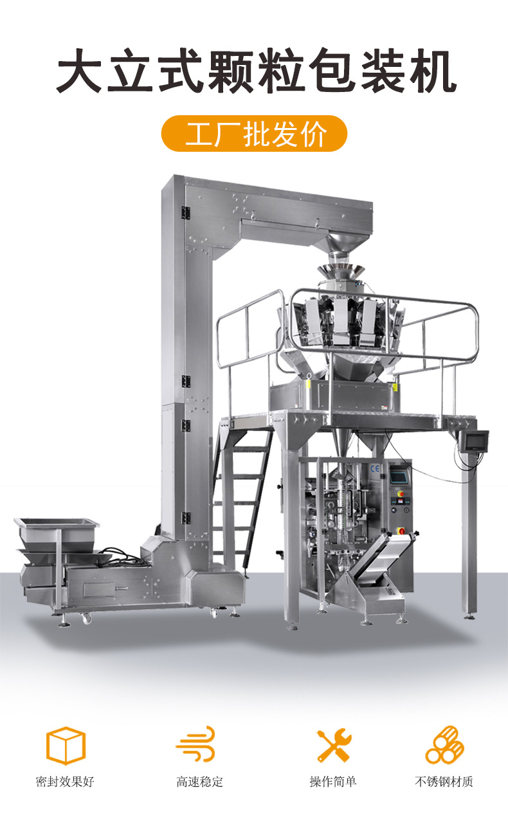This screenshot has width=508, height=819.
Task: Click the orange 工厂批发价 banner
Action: coord(254,133)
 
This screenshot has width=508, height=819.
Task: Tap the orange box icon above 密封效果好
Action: coord(66,746)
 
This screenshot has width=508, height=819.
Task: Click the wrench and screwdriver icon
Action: coord(334,745)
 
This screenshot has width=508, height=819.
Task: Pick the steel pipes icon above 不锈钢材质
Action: coord(444,745)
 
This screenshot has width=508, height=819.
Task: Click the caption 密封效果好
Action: coord(65,782)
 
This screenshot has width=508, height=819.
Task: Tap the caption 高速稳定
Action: coord(199,782)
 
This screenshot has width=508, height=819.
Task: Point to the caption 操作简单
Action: coord(333,782)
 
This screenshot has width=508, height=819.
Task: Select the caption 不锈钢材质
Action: coord(444,782)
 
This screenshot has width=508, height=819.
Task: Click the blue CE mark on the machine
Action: coord(375,468)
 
